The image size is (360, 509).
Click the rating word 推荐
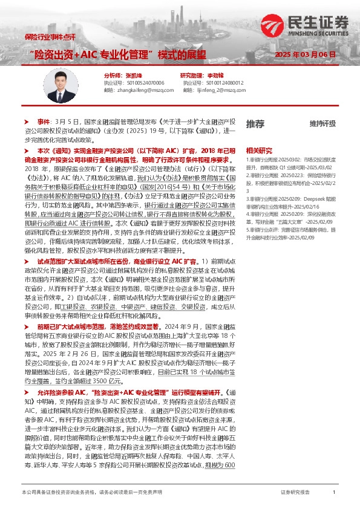click(255, 123)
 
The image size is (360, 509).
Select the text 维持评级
click(322, 124)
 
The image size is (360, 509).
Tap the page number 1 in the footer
click(334, 493)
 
